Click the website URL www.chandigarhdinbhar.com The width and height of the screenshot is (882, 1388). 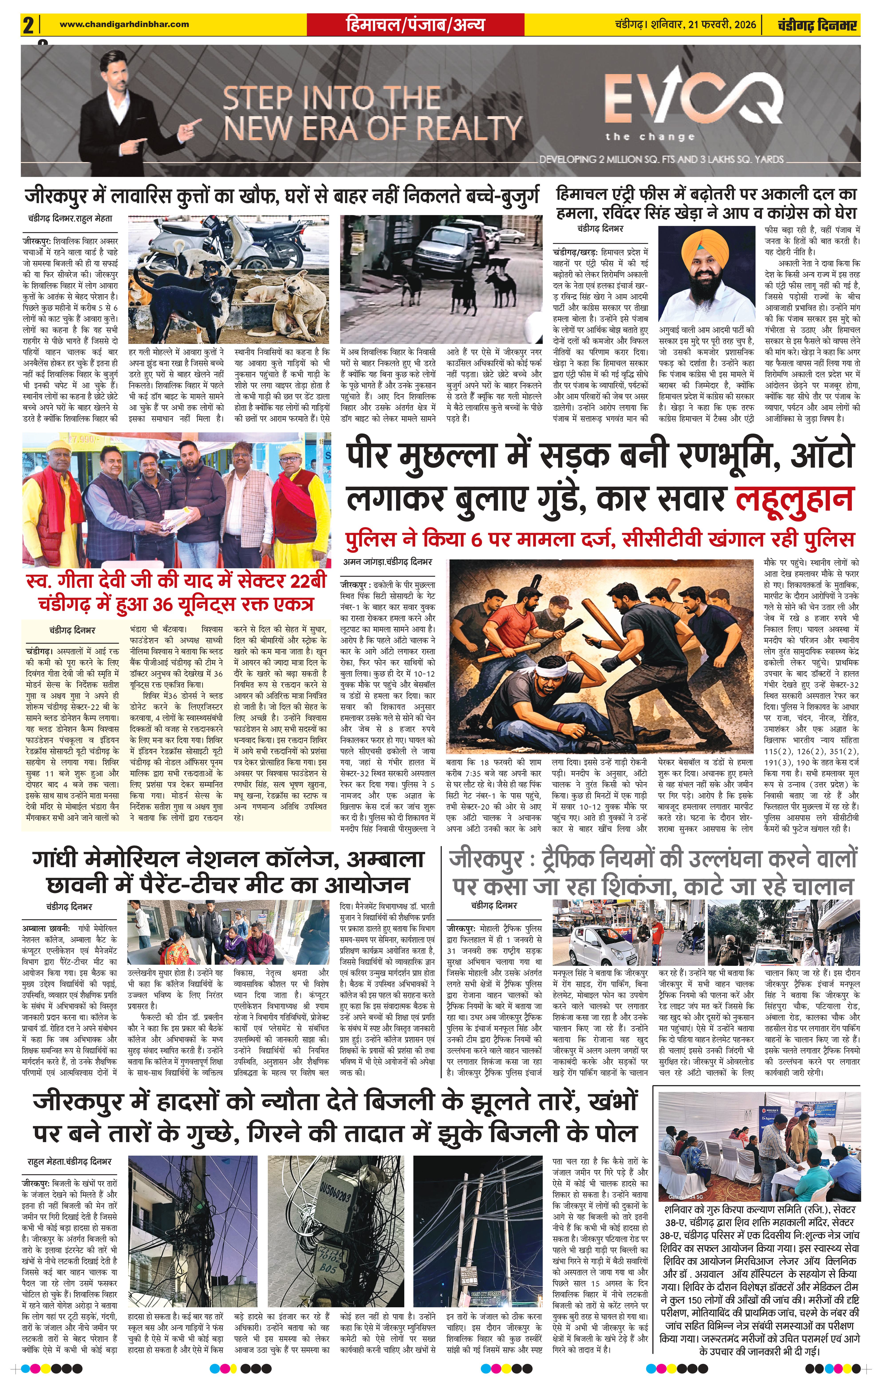(124, 24)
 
